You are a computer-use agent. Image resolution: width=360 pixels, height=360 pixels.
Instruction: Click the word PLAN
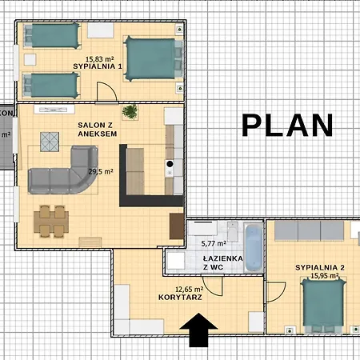tap(287, 126)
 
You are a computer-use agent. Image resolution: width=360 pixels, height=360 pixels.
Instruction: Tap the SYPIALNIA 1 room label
tap(98, 66)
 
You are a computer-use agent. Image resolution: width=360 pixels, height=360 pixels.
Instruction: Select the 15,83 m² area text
tap(98, 58)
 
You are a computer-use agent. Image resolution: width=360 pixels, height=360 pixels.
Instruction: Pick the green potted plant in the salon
tap(130, 111)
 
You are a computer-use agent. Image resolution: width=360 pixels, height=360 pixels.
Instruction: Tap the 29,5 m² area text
tap(100, 171)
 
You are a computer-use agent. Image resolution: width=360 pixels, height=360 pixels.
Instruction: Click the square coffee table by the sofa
tap(50, 142)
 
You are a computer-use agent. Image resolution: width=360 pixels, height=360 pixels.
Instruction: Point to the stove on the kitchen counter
tap(170, 166)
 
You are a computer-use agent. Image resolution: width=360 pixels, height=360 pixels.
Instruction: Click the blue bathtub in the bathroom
tap(253, 248)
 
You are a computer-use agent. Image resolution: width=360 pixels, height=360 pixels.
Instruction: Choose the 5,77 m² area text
tap(213, 242)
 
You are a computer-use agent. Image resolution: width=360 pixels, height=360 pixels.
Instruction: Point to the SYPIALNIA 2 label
tap(319, 266)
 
